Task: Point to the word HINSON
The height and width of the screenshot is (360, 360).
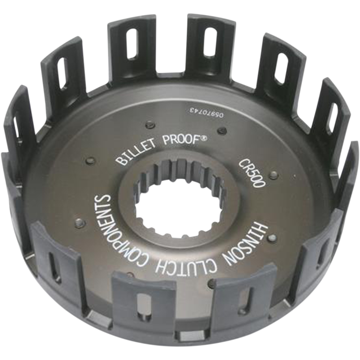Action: tap(256, 244)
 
